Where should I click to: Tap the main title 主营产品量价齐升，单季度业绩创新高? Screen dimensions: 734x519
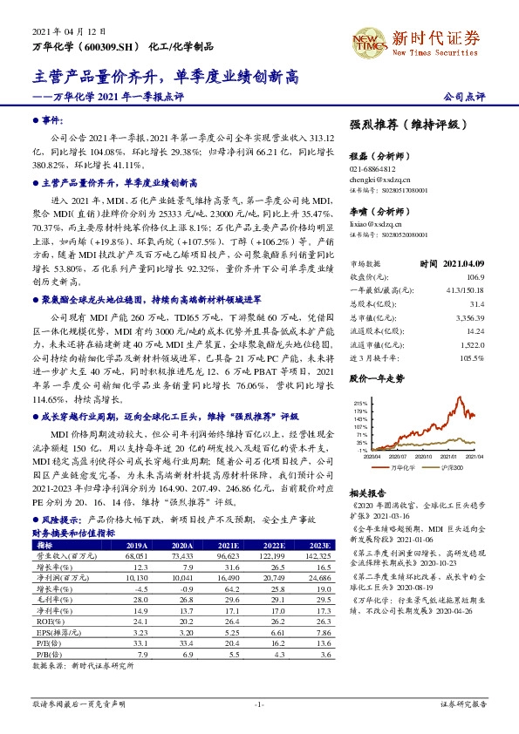click(165, 77)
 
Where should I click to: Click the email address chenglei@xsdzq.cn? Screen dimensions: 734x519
click(380, 180)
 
